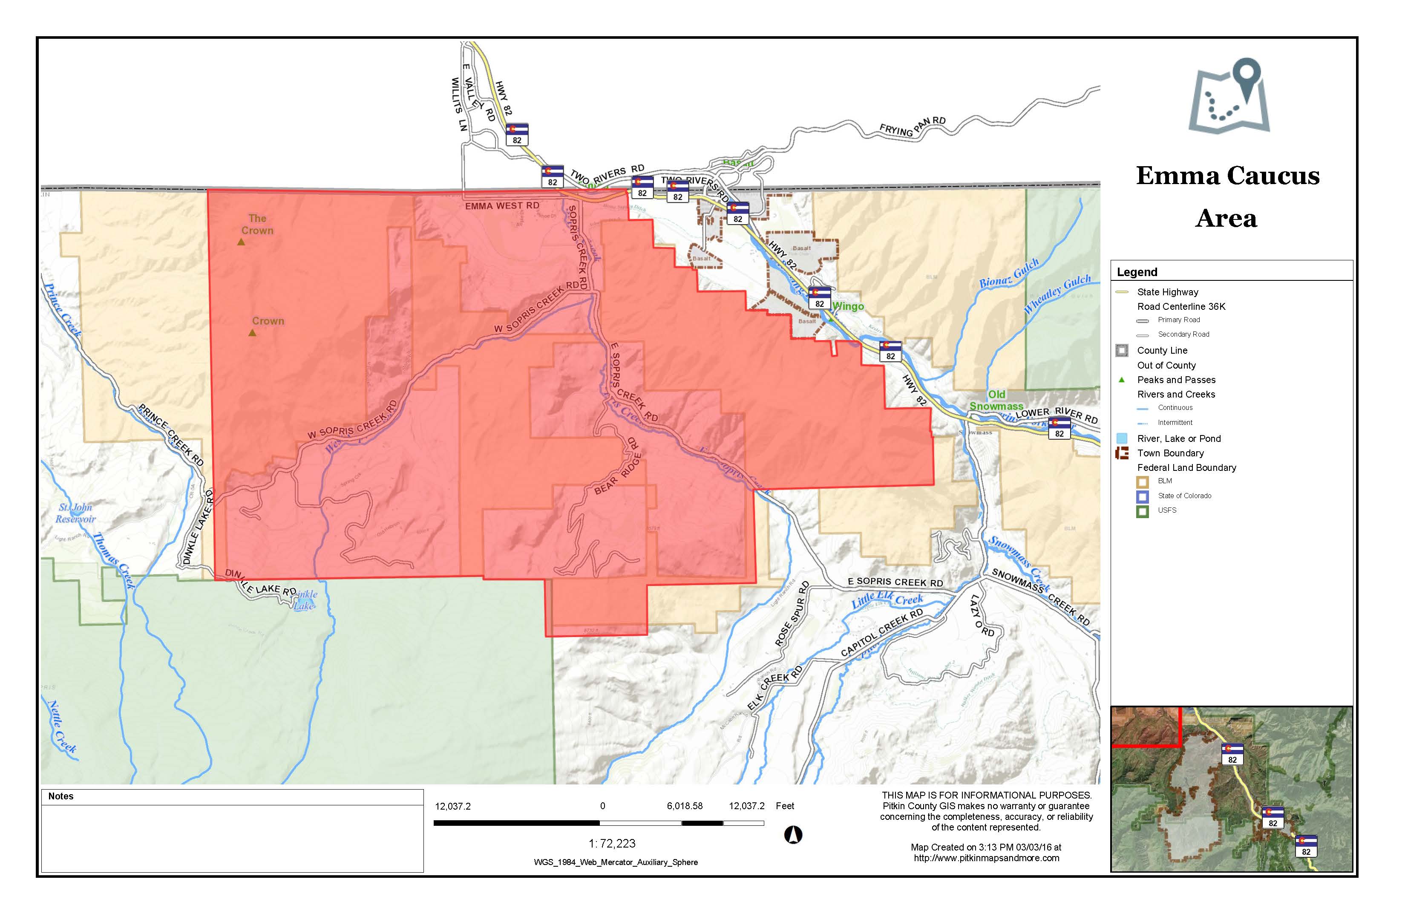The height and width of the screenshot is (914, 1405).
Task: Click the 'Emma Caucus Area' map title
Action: tap(1227, 196)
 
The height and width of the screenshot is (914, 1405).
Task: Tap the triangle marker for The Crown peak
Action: tap(241, 242)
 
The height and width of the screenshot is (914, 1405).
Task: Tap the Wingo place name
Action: tap(848, 306)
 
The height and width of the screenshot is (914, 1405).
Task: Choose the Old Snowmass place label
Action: tap(996, 400)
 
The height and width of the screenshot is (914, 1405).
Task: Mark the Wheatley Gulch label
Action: tap(1056, 294)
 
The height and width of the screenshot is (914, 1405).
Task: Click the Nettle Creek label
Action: tap(61, 726)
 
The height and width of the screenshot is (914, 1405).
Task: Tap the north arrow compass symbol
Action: tap(793, 835)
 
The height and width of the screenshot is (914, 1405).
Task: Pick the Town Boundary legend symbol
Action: tap(1122, 453)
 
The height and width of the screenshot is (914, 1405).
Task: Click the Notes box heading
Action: tap(61, 796)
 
